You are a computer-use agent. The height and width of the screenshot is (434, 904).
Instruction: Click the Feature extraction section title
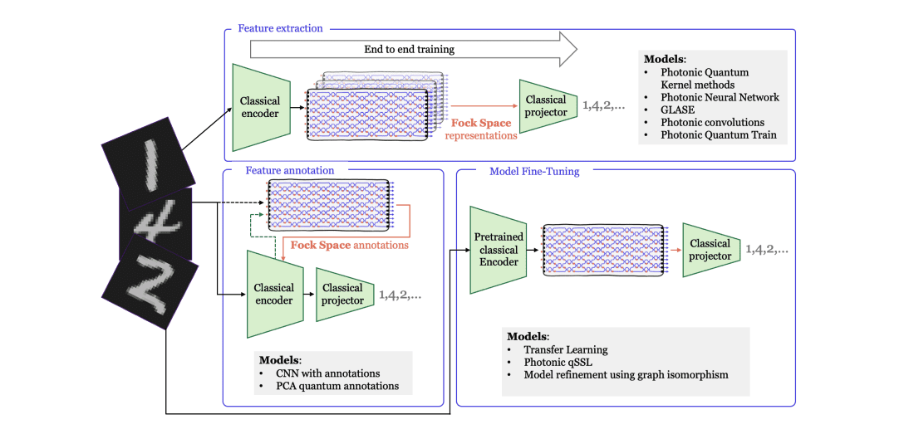(280, 28)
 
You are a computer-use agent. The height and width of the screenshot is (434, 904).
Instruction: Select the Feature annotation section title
(289, 170)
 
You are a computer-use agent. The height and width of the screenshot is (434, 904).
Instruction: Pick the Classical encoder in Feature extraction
(260, 107)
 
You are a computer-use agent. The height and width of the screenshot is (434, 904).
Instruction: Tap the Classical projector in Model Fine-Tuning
(710, 249)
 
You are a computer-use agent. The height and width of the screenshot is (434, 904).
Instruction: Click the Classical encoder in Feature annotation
(273, 294)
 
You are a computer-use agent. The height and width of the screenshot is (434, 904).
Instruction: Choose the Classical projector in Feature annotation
(342, 294)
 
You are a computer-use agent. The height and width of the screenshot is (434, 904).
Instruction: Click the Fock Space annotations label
(349, 245)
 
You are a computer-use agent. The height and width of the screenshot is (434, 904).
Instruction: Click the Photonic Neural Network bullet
(720, 97)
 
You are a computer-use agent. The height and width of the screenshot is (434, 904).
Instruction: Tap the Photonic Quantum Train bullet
(718, 134)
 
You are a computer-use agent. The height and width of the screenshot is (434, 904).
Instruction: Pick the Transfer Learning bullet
(565, 349)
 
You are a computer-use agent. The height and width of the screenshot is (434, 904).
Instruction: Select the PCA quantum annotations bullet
(337, 386)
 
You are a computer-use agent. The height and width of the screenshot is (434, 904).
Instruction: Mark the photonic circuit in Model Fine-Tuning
(602, 250)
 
